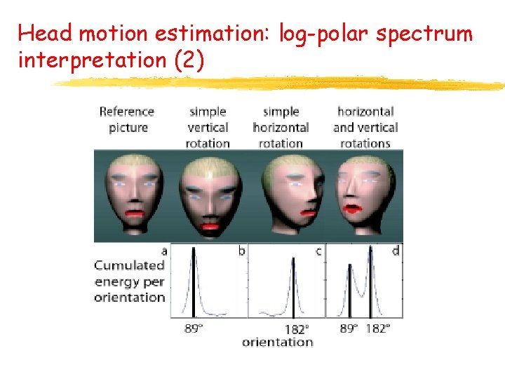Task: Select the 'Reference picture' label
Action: pyautogui.click(x=127, y=119)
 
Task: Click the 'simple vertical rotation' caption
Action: pyautogui.click(x=208, y=127)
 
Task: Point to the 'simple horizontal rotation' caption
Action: pyautogui.click(x=281, y=127)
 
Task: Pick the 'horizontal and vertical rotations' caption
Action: pyautogui.click(x=365, y=127)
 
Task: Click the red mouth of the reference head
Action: pyautogui.click(x=134, y=212)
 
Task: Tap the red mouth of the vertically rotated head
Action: pyautogui.click(x=210, y=225)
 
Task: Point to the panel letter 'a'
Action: pyautogui.click(x=164, y=250)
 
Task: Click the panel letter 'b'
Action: pyautogui.click(x=242, y=251)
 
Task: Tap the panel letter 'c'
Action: pyautogui.click(x=318, y=251)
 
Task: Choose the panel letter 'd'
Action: pyautogui.click(x=396, y=251)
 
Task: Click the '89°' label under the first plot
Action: pyautogui.click(x=194, y=328)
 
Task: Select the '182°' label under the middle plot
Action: pyautogui.click(x=296, y=328)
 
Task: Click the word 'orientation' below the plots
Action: pyautogui.click(x=277, y=342)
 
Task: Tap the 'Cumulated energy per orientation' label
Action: pyautogui.click(x=130, y=281)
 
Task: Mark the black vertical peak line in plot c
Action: pyautogui.click(x=293, y=288)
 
